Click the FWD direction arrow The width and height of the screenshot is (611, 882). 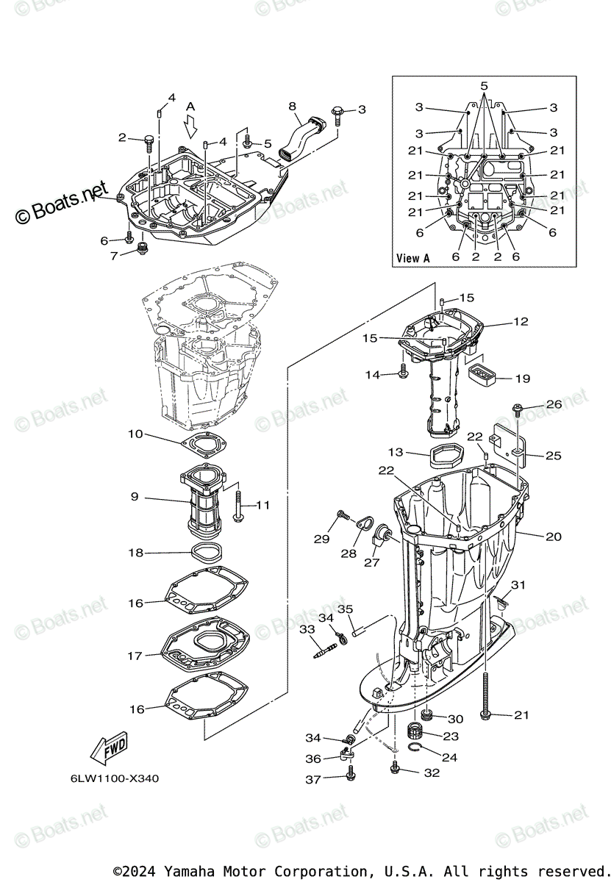(x=108, y=749)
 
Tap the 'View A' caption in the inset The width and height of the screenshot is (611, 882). (x=412, y=258)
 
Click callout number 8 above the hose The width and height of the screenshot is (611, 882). (x=292, y=107)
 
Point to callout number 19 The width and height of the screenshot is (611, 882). (x=522, y=379)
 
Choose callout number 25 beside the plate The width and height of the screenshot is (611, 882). (x=553, y=456)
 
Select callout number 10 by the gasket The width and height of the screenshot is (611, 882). (x=135, y=434)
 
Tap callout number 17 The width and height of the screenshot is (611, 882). (x=135, y=656)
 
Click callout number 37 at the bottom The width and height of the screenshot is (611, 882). (x=313, y=780)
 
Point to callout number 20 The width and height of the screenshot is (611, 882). (x=553, y=537)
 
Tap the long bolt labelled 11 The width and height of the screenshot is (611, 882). (x=239, y=507)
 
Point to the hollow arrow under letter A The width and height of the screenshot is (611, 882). (x=191, y=128)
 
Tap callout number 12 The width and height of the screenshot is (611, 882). (x=521, y=322)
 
